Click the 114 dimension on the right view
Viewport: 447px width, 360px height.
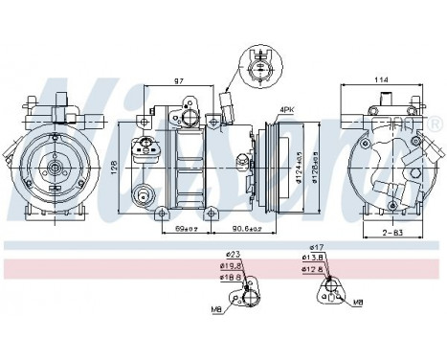click(383, 79)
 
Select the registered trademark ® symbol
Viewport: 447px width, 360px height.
click(436, 125)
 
